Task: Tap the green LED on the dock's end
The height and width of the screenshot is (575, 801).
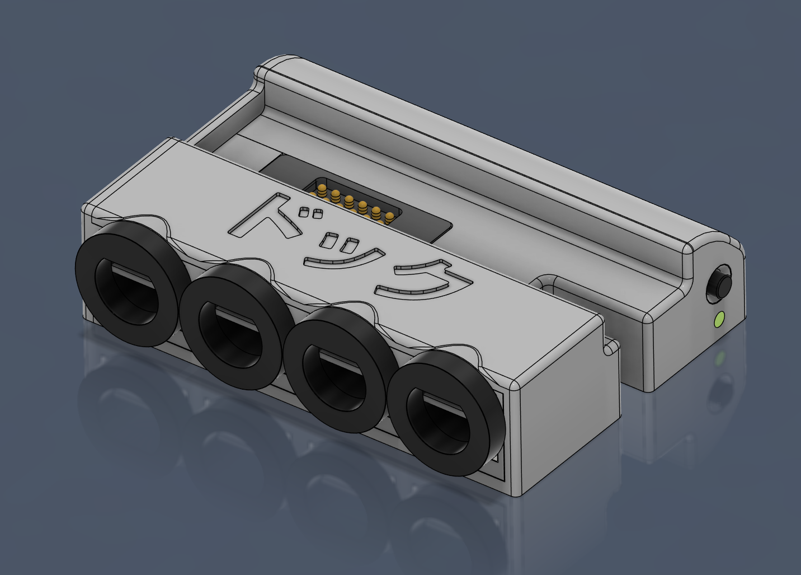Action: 719,319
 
